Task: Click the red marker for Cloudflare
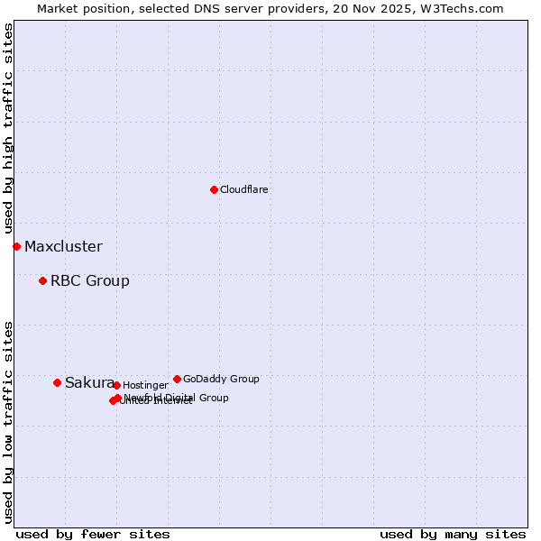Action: tap(214, 189)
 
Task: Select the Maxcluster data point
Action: tap(16, 246)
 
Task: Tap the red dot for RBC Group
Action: tap(42, 280)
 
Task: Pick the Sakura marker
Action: tap(57, 382)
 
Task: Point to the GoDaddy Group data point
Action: tap(177, 379)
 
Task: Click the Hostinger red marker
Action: tap(116, 385)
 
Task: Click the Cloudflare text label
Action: tap(243, 189)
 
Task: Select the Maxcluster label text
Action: tap(63, 246)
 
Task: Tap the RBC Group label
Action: tap(89, 280)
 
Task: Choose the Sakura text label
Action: tap(88, 382)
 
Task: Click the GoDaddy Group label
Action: tap(221, 379)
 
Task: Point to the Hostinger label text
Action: tap(145, 385)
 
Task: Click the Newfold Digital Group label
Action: tap(177, 398)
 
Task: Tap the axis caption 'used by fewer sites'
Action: tap(93, 534)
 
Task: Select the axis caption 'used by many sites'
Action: tap(453, 534)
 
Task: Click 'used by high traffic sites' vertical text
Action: tap(9, 128)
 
